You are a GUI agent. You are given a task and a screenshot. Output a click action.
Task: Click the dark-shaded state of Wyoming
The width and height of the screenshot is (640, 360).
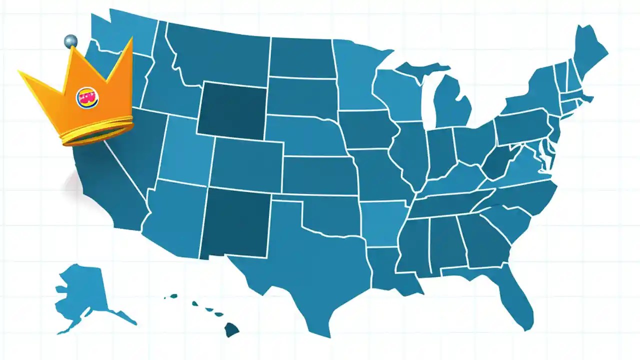pos(232,108)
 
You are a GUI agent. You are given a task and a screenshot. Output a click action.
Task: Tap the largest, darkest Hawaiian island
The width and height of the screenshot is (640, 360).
pos(231,329)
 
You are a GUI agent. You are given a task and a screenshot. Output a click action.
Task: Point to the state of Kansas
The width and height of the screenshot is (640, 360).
pos(320,175)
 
